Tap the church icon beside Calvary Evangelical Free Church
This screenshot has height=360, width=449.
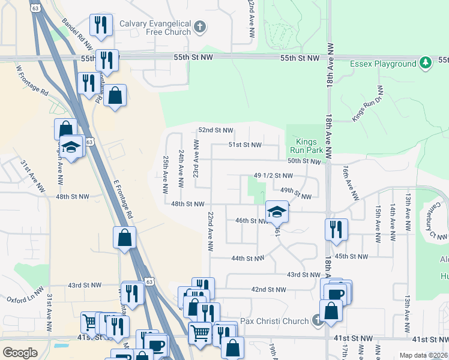pos(200,27)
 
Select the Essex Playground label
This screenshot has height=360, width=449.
pos(384,64)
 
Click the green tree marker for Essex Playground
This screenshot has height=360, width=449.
pos(426,62)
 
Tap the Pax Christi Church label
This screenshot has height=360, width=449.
pos(274,321)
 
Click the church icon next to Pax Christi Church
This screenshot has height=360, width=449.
pos(317,321)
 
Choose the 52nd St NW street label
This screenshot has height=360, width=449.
pos(215,130)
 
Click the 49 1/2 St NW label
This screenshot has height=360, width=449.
pos(273,176)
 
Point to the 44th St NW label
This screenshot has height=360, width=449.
pos(248,259)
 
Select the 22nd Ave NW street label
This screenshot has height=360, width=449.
pos(211,231)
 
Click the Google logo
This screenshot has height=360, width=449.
pos(20,353)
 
